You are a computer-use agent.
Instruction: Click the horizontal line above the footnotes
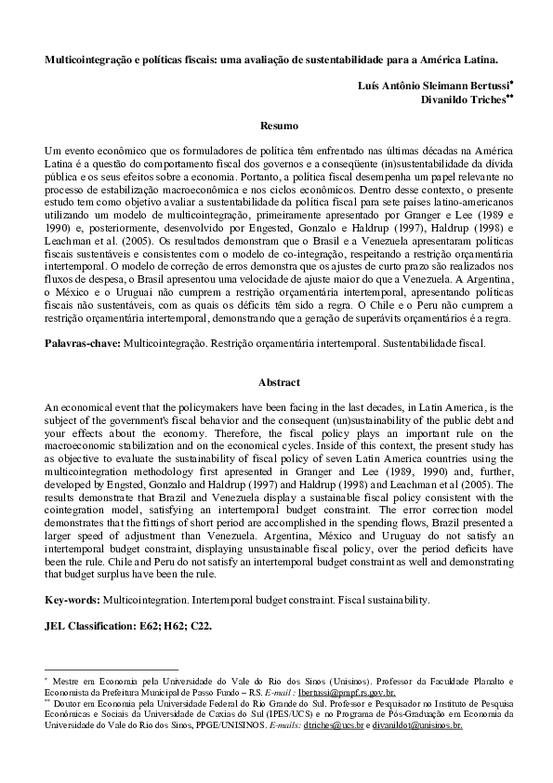112,669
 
